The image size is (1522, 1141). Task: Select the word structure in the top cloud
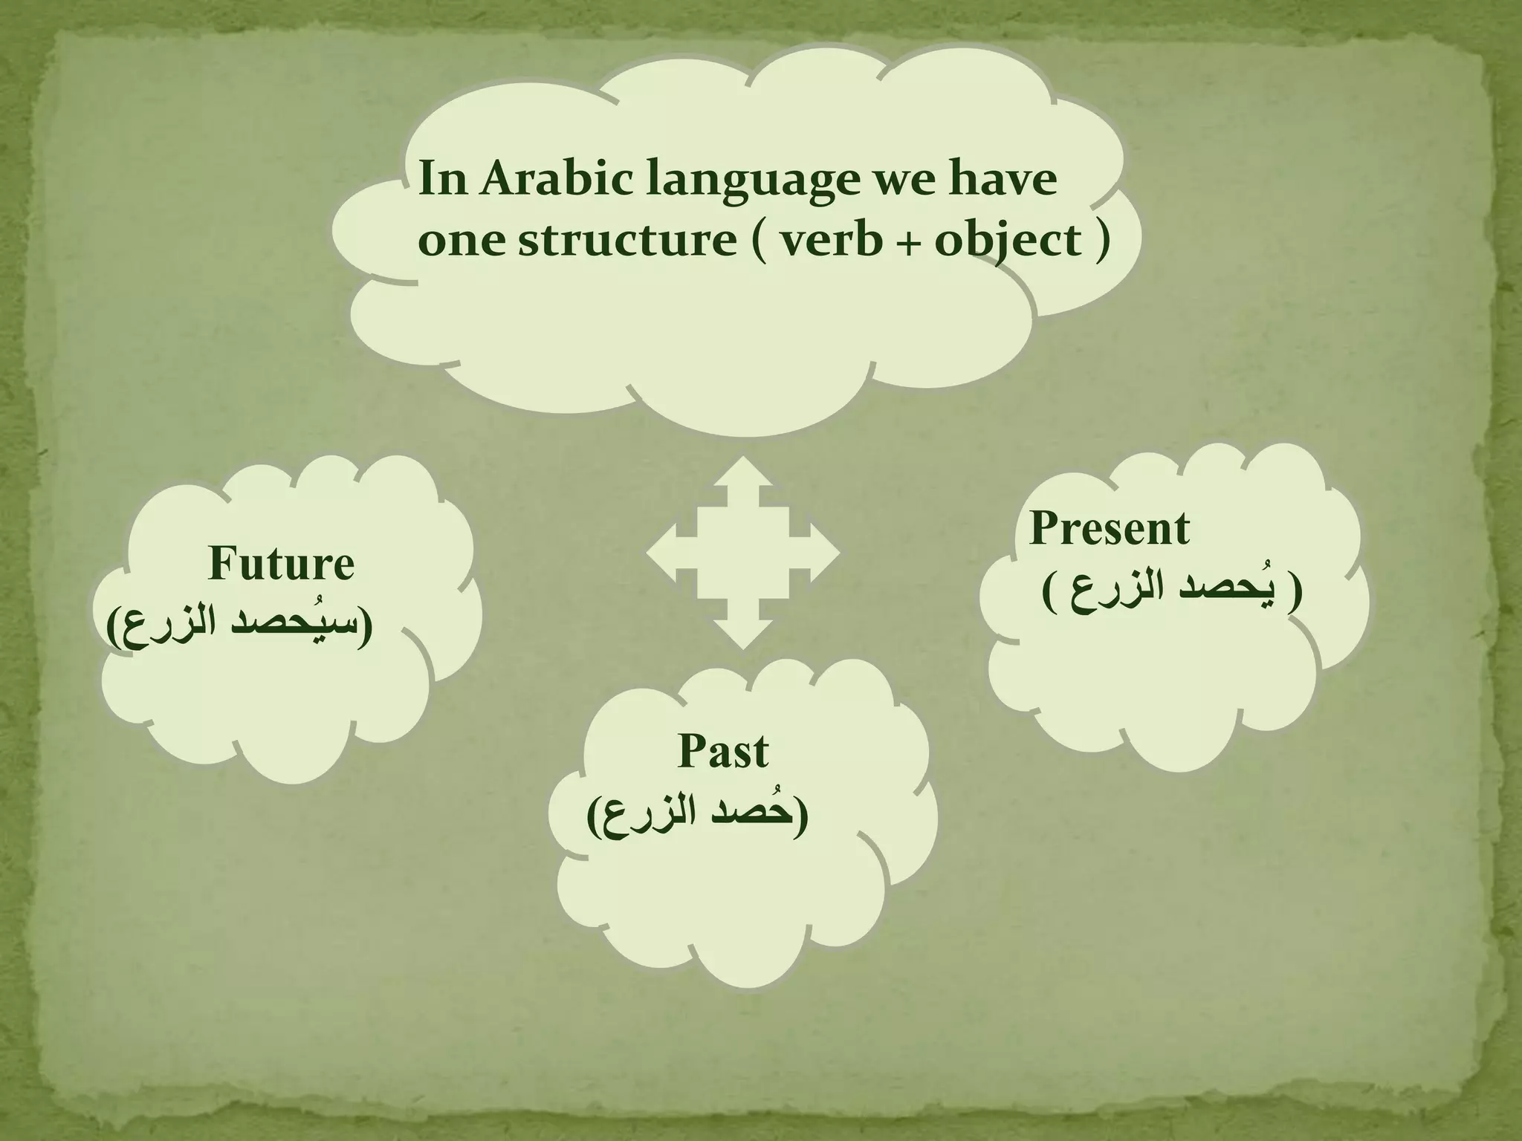[626, 241]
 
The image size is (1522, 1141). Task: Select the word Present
[1109, 528]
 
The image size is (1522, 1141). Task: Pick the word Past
[722, 751]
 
